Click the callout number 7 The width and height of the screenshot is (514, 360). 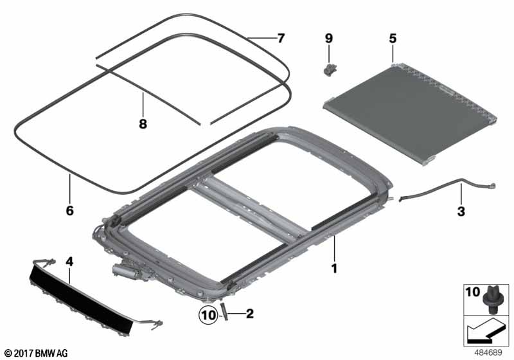pyautogui.click(x=281, y=39)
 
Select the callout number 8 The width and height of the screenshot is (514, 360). pyautogui.click(x=143, y=124)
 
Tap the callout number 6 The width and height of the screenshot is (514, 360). pyautogui.click(x=69, y=210)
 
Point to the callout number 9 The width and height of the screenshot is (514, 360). pyautogui.click(x=328, y=39)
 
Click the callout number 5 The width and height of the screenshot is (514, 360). pyautogui.click(x=393, y=39)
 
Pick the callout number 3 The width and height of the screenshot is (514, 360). pyautogui.click(x=461, y=211)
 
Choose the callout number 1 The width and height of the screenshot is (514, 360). pyautogui.click(x=334, y=269)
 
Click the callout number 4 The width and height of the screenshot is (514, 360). pyautogui.click(x=69, y=262)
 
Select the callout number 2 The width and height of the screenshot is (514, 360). pyautogui.click(x=250, y=314)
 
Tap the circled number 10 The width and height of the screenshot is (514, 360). pyautogui.click(x=208, y=315)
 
